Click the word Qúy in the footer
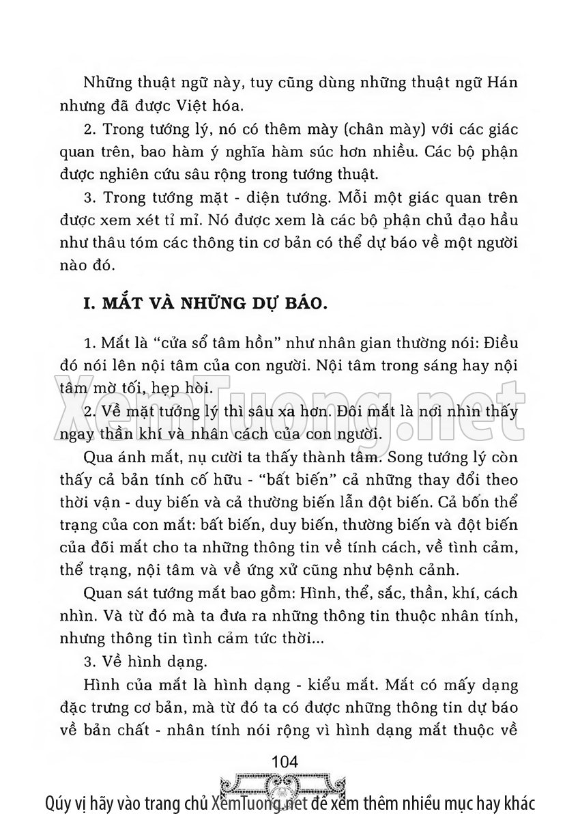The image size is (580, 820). click(x=59, y=802)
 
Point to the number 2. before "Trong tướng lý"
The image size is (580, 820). click(x=89, y=128)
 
